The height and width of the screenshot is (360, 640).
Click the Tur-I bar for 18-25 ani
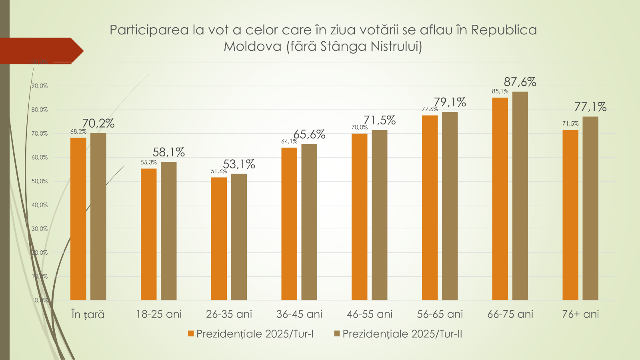[x=148, y=234]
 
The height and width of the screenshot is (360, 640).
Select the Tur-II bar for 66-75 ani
[x=520, y=196]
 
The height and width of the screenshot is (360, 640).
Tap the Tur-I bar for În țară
[x=78, y=219]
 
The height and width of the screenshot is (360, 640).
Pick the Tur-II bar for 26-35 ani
[x=239, y=237]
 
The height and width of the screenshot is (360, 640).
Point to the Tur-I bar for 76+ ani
[x=570, y=215]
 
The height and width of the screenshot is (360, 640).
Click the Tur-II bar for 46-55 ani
[x=380, y=215]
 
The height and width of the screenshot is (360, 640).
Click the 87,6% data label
[x=520, y=82]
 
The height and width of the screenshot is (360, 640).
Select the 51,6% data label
[x=219, y=171]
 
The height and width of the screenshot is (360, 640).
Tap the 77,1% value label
[x=590, y=107]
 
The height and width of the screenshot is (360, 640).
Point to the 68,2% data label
[x=78, y=132]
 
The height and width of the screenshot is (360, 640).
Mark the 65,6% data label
[x=309, y=134]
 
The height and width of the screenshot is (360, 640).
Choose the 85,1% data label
[x=500, y=92]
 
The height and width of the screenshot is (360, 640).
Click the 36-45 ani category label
[x=299, y=314]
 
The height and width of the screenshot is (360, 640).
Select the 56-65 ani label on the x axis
[x=440, y=314]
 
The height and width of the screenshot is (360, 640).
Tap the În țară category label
[x=88, y=314]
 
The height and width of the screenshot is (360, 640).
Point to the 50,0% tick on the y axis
[x=40, y=181]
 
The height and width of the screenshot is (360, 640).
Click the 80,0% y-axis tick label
[x=40, y=110]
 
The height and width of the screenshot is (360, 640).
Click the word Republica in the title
[x=504, y=30]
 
